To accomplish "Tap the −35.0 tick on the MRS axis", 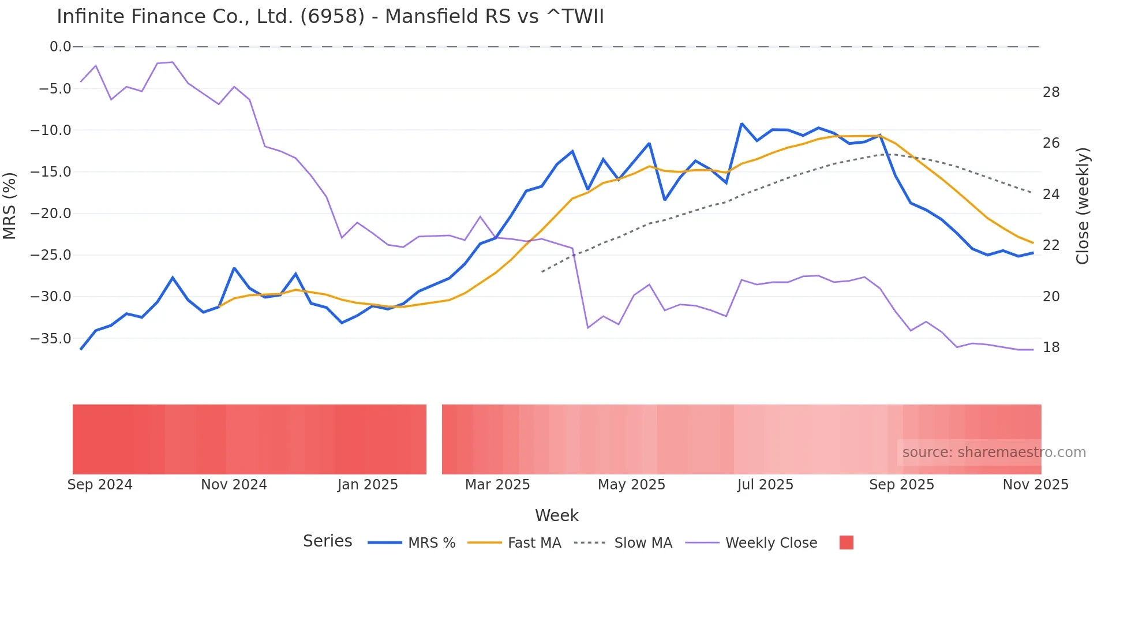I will tap(51, 339).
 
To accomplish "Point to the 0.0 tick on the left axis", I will tap(60, 47).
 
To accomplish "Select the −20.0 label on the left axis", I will tap(51, 214).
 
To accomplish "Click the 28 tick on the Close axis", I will tap(1051, 92).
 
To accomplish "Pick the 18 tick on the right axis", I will tap(1051, 347).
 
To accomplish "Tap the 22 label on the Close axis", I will tap(1051, 245).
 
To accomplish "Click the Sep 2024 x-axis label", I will tap(100, 485).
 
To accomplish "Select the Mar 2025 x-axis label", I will tap(497, 485).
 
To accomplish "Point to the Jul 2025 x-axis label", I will tap(765, 485).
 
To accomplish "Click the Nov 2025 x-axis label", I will tap(1035, 485).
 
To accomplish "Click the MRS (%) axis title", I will tap(10, 205).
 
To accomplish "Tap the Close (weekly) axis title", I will tap(1083, 205).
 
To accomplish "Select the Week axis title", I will tap(556, 515).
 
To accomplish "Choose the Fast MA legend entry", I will tap(534, 543).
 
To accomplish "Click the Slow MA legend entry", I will tap(643, 543).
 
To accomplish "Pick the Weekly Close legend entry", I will tap(771, 543).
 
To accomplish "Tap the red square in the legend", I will tap(846, 543).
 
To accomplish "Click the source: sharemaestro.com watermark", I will tap(994, 452).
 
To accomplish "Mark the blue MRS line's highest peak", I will tap(741, 124).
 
